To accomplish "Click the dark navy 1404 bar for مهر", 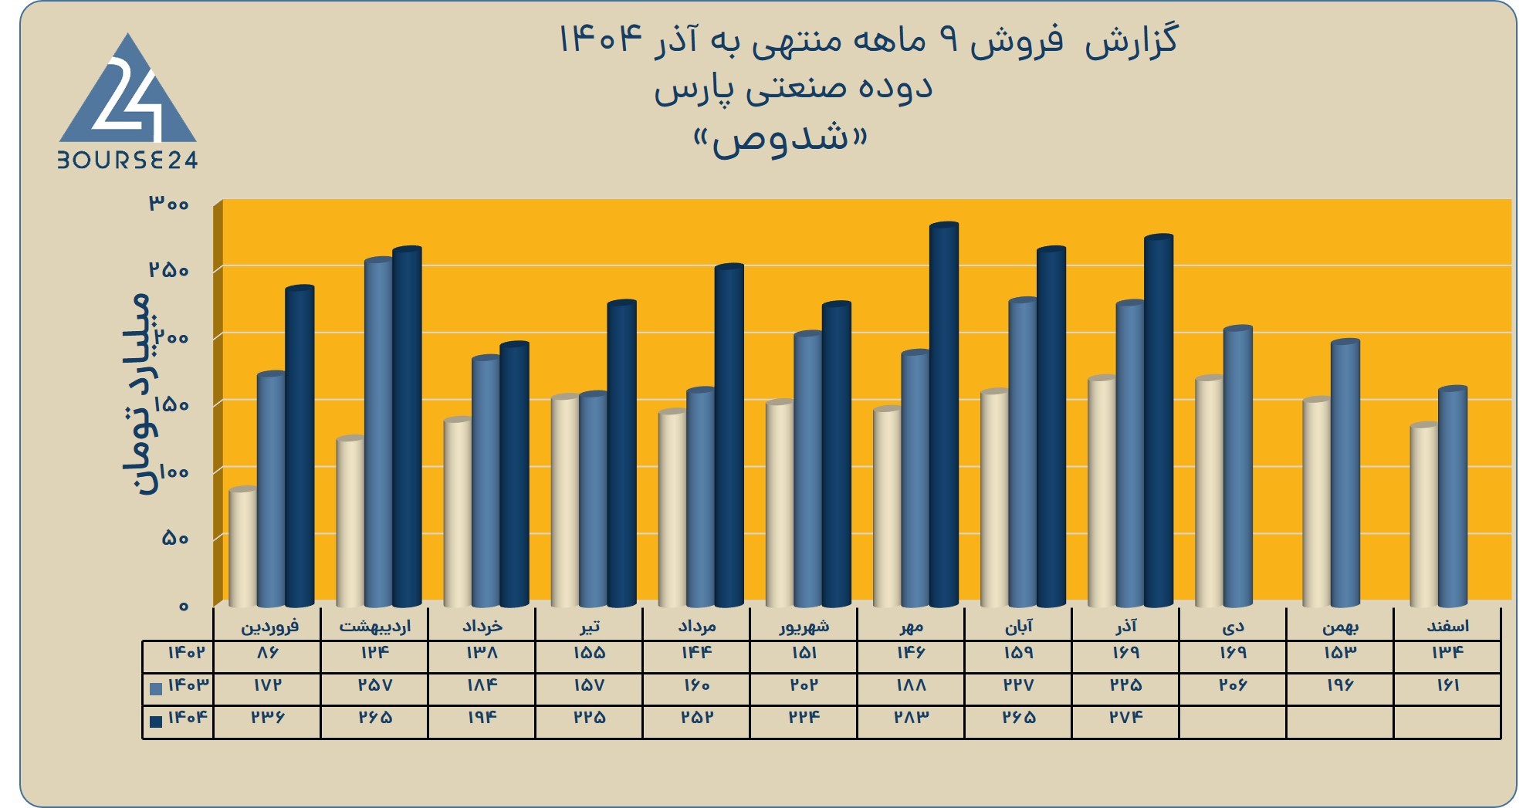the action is (x=944, y=414).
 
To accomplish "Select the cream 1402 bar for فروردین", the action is (x=243, y=547).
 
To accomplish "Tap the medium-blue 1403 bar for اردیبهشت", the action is (x=379, y=432).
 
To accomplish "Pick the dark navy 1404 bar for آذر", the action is (x=1159, y=421).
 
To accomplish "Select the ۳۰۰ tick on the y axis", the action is (x=169, y=204).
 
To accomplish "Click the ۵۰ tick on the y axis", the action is (x=176, y=538).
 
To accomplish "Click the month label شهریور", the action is (x=804, y=626).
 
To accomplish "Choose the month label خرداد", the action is (x=482, y=626).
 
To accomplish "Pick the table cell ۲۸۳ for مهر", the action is (x=912, y=718).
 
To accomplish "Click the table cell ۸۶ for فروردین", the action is (x=267, y=653).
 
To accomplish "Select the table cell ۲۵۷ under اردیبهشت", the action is (x=375, y=685).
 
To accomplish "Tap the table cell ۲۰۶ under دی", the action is (x=1234, y=685).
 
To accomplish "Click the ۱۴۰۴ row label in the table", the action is (x=188, y=718).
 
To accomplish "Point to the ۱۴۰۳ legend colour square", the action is (x=156, y=688).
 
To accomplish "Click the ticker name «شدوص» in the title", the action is (x=780, y=140).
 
